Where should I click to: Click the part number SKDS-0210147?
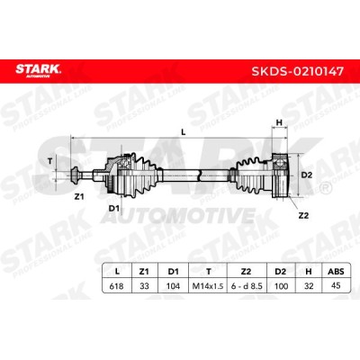coord(297,71)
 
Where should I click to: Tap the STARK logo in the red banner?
coord(38,70)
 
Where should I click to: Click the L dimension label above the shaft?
coord(184,131)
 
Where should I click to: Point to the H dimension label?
coord(279,122)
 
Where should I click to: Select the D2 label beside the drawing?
coord(307,175)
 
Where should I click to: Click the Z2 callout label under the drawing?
coord(303,215)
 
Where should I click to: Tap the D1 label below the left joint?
coord(114,208)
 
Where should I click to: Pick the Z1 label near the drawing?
coord(79,197)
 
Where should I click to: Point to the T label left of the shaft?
coord(50,161)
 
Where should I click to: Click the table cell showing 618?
coord(117,286)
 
